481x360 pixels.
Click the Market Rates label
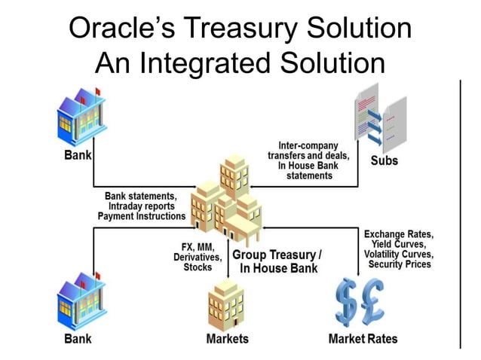[363, 339]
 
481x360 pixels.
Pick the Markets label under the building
[227, 339]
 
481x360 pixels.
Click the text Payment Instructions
[142, 216]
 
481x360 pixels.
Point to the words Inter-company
[308, 145]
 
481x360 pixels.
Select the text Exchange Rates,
[399, 234]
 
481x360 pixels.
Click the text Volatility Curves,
[397, 255]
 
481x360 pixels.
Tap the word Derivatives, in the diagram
[198, 257]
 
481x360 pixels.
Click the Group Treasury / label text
[277, 255]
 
